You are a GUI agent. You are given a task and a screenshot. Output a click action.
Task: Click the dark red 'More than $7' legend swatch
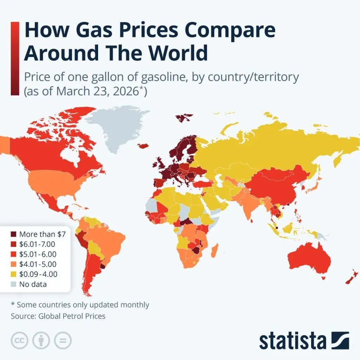coord(13,234)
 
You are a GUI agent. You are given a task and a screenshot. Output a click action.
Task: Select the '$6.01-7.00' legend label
coord(37,244)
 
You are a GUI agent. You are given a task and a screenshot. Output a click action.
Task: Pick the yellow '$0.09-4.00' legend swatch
coord(13,274)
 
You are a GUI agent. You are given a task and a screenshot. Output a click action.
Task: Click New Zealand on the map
coord(352,278)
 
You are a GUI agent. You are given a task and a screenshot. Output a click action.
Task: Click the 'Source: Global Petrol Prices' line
coord(58,316)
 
